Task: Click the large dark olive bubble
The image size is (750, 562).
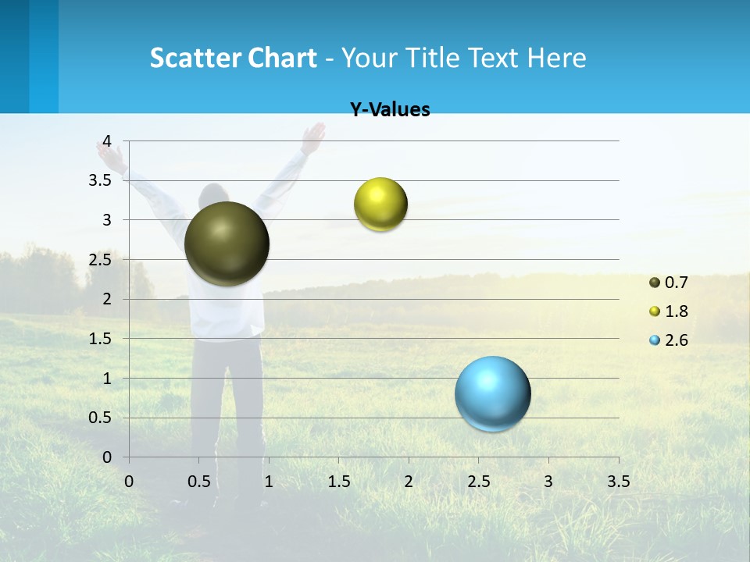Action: pos(227,244)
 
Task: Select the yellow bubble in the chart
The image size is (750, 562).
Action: pos(380,205)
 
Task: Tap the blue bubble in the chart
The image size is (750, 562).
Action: pos(493,393)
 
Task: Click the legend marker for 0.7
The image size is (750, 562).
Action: pos(655,283)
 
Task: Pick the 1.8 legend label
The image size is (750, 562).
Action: pos(677,311)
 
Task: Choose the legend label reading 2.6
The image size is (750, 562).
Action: pos(677,340)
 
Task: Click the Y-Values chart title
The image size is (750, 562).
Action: pos(390,110)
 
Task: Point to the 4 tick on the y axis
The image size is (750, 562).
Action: pos(108,140)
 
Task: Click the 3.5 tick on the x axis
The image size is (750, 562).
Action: pos(618,482)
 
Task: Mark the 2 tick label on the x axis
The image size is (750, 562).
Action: pos(408,482)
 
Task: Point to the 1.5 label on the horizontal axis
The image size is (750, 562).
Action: pos(338,482)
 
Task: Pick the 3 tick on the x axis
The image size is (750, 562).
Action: pos(548,482)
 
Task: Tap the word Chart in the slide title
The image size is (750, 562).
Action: pos(283,58)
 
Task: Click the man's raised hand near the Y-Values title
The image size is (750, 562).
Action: pos(313,137)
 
